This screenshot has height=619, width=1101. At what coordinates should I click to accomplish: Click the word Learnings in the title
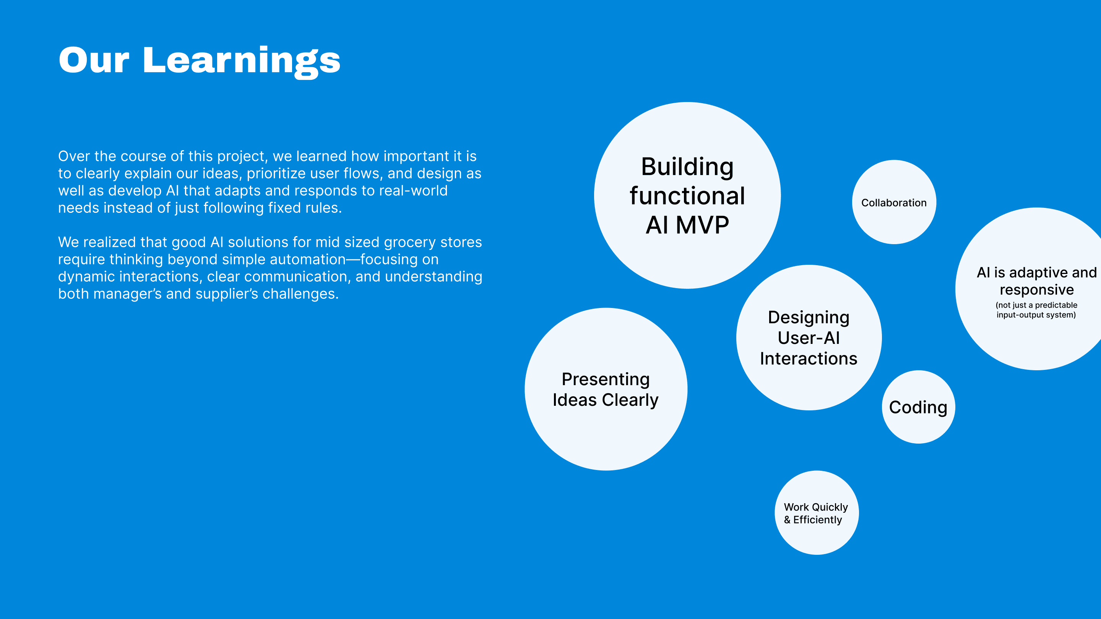(x=242, y=61)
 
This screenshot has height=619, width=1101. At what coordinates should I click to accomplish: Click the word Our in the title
(x=94, y=61)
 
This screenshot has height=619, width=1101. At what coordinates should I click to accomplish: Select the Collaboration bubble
(x=894, y=203)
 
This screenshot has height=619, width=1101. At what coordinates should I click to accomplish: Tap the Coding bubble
(x=918, y=407)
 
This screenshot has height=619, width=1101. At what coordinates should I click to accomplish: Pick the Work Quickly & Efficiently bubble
(x=816, y=513)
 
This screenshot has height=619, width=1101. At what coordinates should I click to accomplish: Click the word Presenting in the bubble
(x=606, y=379)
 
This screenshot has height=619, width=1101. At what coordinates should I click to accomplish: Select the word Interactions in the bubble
(x=809, y=358)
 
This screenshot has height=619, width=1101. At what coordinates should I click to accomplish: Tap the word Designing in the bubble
(x=809, y=318)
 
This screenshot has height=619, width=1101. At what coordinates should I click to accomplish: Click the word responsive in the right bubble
(x=1036, y=290)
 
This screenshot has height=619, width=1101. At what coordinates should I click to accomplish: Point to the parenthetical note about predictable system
(x=1036, y=310)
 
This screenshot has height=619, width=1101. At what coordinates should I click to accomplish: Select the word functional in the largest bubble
(x=687, y=196)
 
